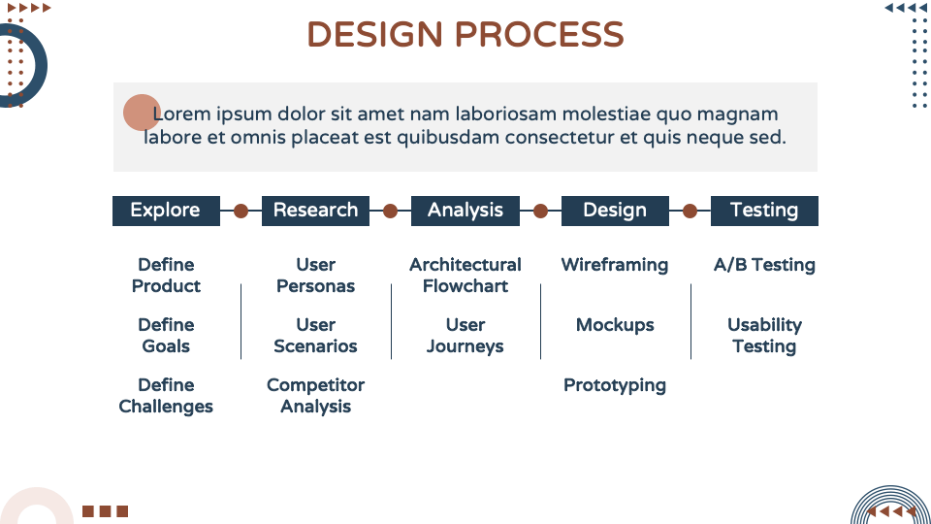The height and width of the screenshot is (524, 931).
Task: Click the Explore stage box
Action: coord(166,211)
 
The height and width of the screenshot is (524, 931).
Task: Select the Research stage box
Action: coord(315,211)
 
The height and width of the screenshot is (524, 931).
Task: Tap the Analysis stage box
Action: coord(465,211)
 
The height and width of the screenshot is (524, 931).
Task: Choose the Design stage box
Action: coord(615,211)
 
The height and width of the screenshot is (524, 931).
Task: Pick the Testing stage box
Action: coord(764,211)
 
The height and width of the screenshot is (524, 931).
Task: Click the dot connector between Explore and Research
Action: coord(241,211)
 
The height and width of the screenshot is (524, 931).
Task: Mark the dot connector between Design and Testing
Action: coord(690,211)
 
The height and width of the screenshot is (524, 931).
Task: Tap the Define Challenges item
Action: coord(166,396)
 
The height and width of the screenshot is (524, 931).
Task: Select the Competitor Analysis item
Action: coord(315,396)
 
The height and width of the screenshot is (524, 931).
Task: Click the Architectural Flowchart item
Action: coord(465,276)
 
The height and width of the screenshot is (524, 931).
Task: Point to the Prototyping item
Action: coord(615,385)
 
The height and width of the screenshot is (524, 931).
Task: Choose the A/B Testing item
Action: coord(764,265)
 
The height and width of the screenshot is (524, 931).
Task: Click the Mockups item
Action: coord(615,325)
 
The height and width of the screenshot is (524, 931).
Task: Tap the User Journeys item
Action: coord(465,336)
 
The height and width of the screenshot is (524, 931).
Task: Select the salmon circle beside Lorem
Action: coord(142,113)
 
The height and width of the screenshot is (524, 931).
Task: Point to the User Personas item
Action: coord(315,276)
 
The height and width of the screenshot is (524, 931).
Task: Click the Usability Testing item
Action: coord(764,336)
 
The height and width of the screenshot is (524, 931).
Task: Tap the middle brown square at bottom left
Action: coord(105,511)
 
